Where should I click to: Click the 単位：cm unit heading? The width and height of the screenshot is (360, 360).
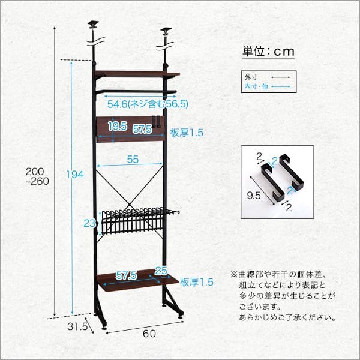tap(268, 51)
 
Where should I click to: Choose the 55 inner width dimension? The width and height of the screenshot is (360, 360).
tap(133, 160)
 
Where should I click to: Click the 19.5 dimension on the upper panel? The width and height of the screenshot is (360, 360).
tap(117, 127)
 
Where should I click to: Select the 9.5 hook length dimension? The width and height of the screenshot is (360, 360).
tap(254, 195)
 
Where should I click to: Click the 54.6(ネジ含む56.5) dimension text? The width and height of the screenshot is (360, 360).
tap(148, 104)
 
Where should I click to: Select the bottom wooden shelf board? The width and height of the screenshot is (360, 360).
tap(137, 281)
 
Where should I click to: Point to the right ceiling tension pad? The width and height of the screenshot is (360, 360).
tap(166, 31)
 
